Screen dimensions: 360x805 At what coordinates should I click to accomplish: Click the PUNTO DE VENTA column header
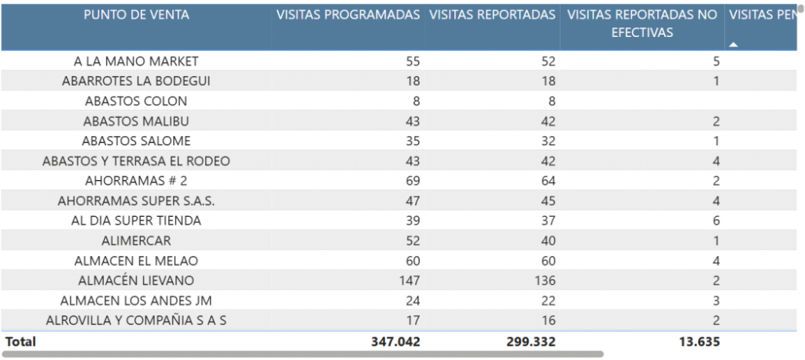136,15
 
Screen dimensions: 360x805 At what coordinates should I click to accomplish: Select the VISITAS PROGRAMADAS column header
347,15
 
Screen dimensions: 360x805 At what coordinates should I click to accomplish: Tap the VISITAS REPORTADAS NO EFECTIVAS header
642,24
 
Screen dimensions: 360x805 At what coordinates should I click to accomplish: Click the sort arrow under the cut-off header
733,45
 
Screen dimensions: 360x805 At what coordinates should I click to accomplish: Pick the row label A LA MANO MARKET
136,61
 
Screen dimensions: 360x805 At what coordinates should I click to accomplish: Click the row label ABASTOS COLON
136,101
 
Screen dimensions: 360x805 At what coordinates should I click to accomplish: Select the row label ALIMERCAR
136,241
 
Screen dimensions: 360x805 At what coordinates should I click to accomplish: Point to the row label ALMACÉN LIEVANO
136,281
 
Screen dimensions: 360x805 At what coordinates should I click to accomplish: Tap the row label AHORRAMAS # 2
136,181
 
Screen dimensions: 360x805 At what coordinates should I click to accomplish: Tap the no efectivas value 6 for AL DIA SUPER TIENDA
715,221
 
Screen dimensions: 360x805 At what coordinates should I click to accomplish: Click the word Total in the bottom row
20,342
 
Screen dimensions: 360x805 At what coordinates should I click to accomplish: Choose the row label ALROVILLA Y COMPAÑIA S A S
136,321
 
